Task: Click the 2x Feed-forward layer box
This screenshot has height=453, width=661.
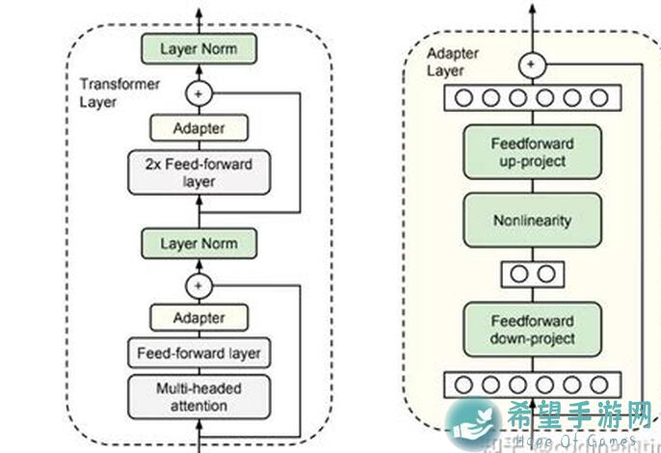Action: (x=199, y=172)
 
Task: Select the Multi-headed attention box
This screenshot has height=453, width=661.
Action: (x=199, y=396)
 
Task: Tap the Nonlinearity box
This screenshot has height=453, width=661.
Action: (x=532, y=220)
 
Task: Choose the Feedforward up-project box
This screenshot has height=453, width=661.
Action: (x=532, y=151)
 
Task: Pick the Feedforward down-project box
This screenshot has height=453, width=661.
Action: (x=532, y=330)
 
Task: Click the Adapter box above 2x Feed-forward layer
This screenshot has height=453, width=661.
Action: (x=199, y=128)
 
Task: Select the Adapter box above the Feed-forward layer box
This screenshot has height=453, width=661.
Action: (x=199, y=317)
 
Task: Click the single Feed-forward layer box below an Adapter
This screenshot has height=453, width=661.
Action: (x=199, y=353)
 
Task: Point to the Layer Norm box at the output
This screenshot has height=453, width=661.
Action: (x=199, y=48)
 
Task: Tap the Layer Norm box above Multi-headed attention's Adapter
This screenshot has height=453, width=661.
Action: (x=199, y=243)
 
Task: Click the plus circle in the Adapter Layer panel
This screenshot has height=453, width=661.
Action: (x=532, y=65)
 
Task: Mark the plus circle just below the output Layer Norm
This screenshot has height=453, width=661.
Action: (x=199, y=93)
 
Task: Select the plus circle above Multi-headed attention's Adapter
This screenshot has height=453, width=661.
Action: (x=199, y=285)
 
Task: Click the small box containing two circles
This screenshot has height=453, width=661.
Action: (x=532, y=274)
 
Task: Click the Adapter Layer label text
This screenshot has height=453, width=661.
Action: (x=451, y=63)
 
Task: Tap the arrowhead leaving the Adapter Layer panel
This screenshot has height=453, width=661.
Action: (x=532, y=13)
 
